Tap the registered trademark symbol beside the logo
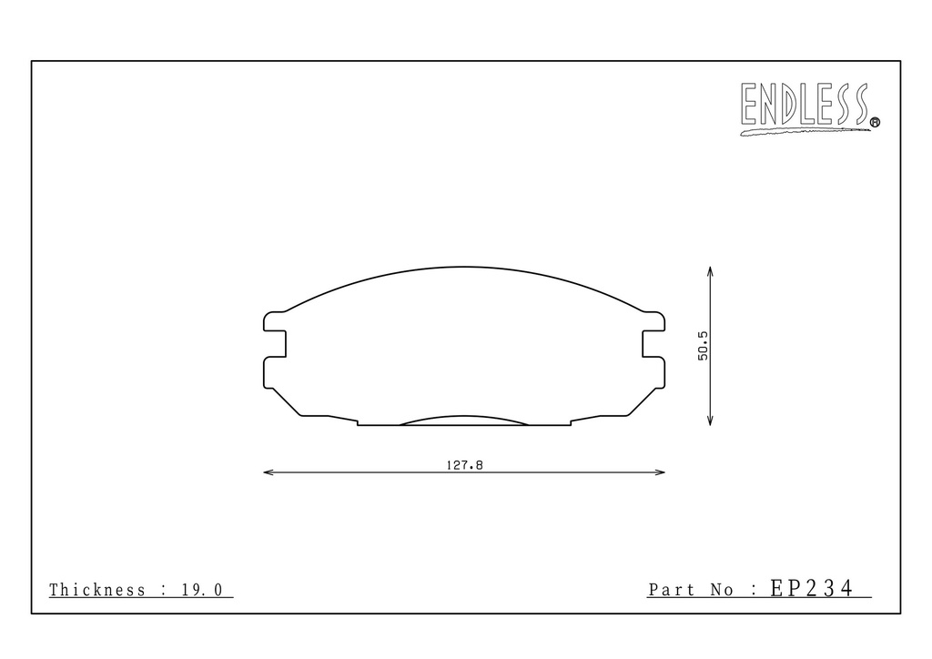pyautogui.click(x=875, y=122)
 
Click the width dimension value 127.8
pyautogui.click(x=465, y=465)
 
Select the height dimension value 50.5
pyautogui.click(x=704, y=346)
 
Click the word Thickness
pyautogui.click(x=96, y=590)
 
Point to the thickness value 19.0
pyautogui.click(x=202, y=590)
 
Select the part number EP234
pyautogui.click(x=811, y=588)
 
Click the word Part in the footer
pyautogui.click(x=671, y=590)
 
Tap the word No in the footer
pyautogui.click(x=722, y=590)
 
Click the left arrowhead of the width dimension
pyautogui.click(x=268, y=472)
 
